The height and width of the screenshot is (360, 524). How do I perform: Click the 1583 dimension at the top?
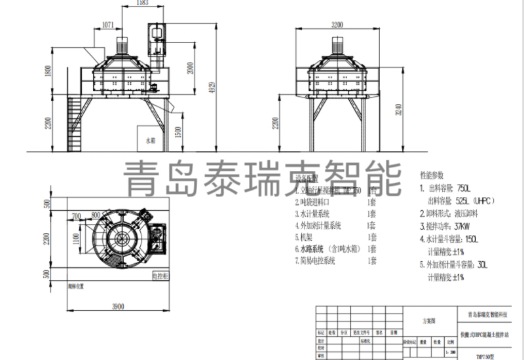(x=138, y=4)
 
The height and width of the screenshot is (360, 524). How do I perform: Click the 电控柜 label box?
(x=161, y=278)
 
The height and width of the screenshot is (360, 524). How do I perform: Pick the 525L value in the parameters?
(x=464, y=200)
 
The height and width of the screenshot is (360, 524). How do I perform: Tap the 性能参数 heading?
(x=432, y=175)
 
